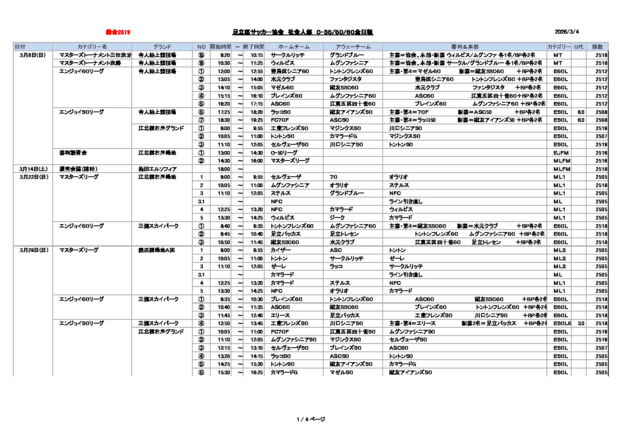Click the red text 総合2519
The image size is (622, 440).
click(x=118, y=32)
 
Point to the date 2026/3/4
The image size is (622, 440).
click(x=566, y=32)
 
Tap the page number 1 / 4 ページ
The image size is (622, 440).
click(x=311, y=419)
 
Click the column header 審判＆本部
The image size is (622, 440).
click(x=465, y=47)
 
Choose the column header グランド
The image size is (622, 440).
click(x=162, y=47)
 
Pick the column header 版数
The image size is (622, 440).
click(x=597, y=47)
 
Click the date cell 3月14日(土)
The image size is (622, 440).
click(x=33, y=169)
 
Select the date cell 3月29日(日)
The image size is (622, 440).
click(x=33, y=250)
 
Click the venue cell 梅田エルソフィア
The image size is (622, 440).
click(x=157, y=169)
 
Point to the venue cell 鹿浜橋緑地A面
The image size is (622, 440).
click(x=157, y=250)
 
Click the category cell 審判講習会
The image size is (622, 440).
click(x=73, y=153)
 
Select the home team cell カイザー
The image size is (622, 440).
click(x=280, y=250)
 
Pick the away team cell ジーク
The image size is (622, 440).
click(x=337, y=218)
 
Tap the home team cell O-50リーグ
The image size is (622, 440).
click(x=284, y=153)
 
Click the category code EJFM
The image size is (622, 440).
click(x=561, y=153)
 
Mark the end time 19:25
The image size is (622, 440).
click(x=256, y=120)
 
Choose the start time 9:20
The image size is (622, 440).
click(x=225, y=55)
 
